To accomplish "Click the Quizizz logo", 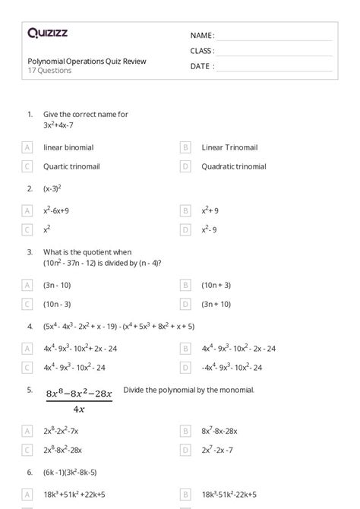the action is (x=47, y=33).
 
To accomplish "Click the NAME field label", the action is (x=202, y=35).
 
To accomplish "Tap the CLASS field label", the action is (x=202, y=51).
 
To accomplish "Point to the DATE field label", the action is (x=201, y=66).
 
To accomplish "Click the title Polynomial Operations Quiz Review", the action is (x=87, y=61).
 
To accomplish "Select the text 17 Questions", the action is (x=49, y=71).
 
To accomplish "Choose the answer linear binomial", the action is (x=68, y=147).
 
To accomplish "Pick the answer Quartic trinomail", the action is (x=71, y=166).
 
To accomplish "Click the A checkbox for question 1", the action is (x=27, y=147).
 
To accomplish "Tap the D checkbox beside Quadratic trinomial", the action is (x=185, y=166).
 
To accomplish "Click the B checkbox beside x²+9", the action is (x=185, y=210).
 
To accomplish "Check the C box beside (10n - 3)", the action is (x=27, y=304).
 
